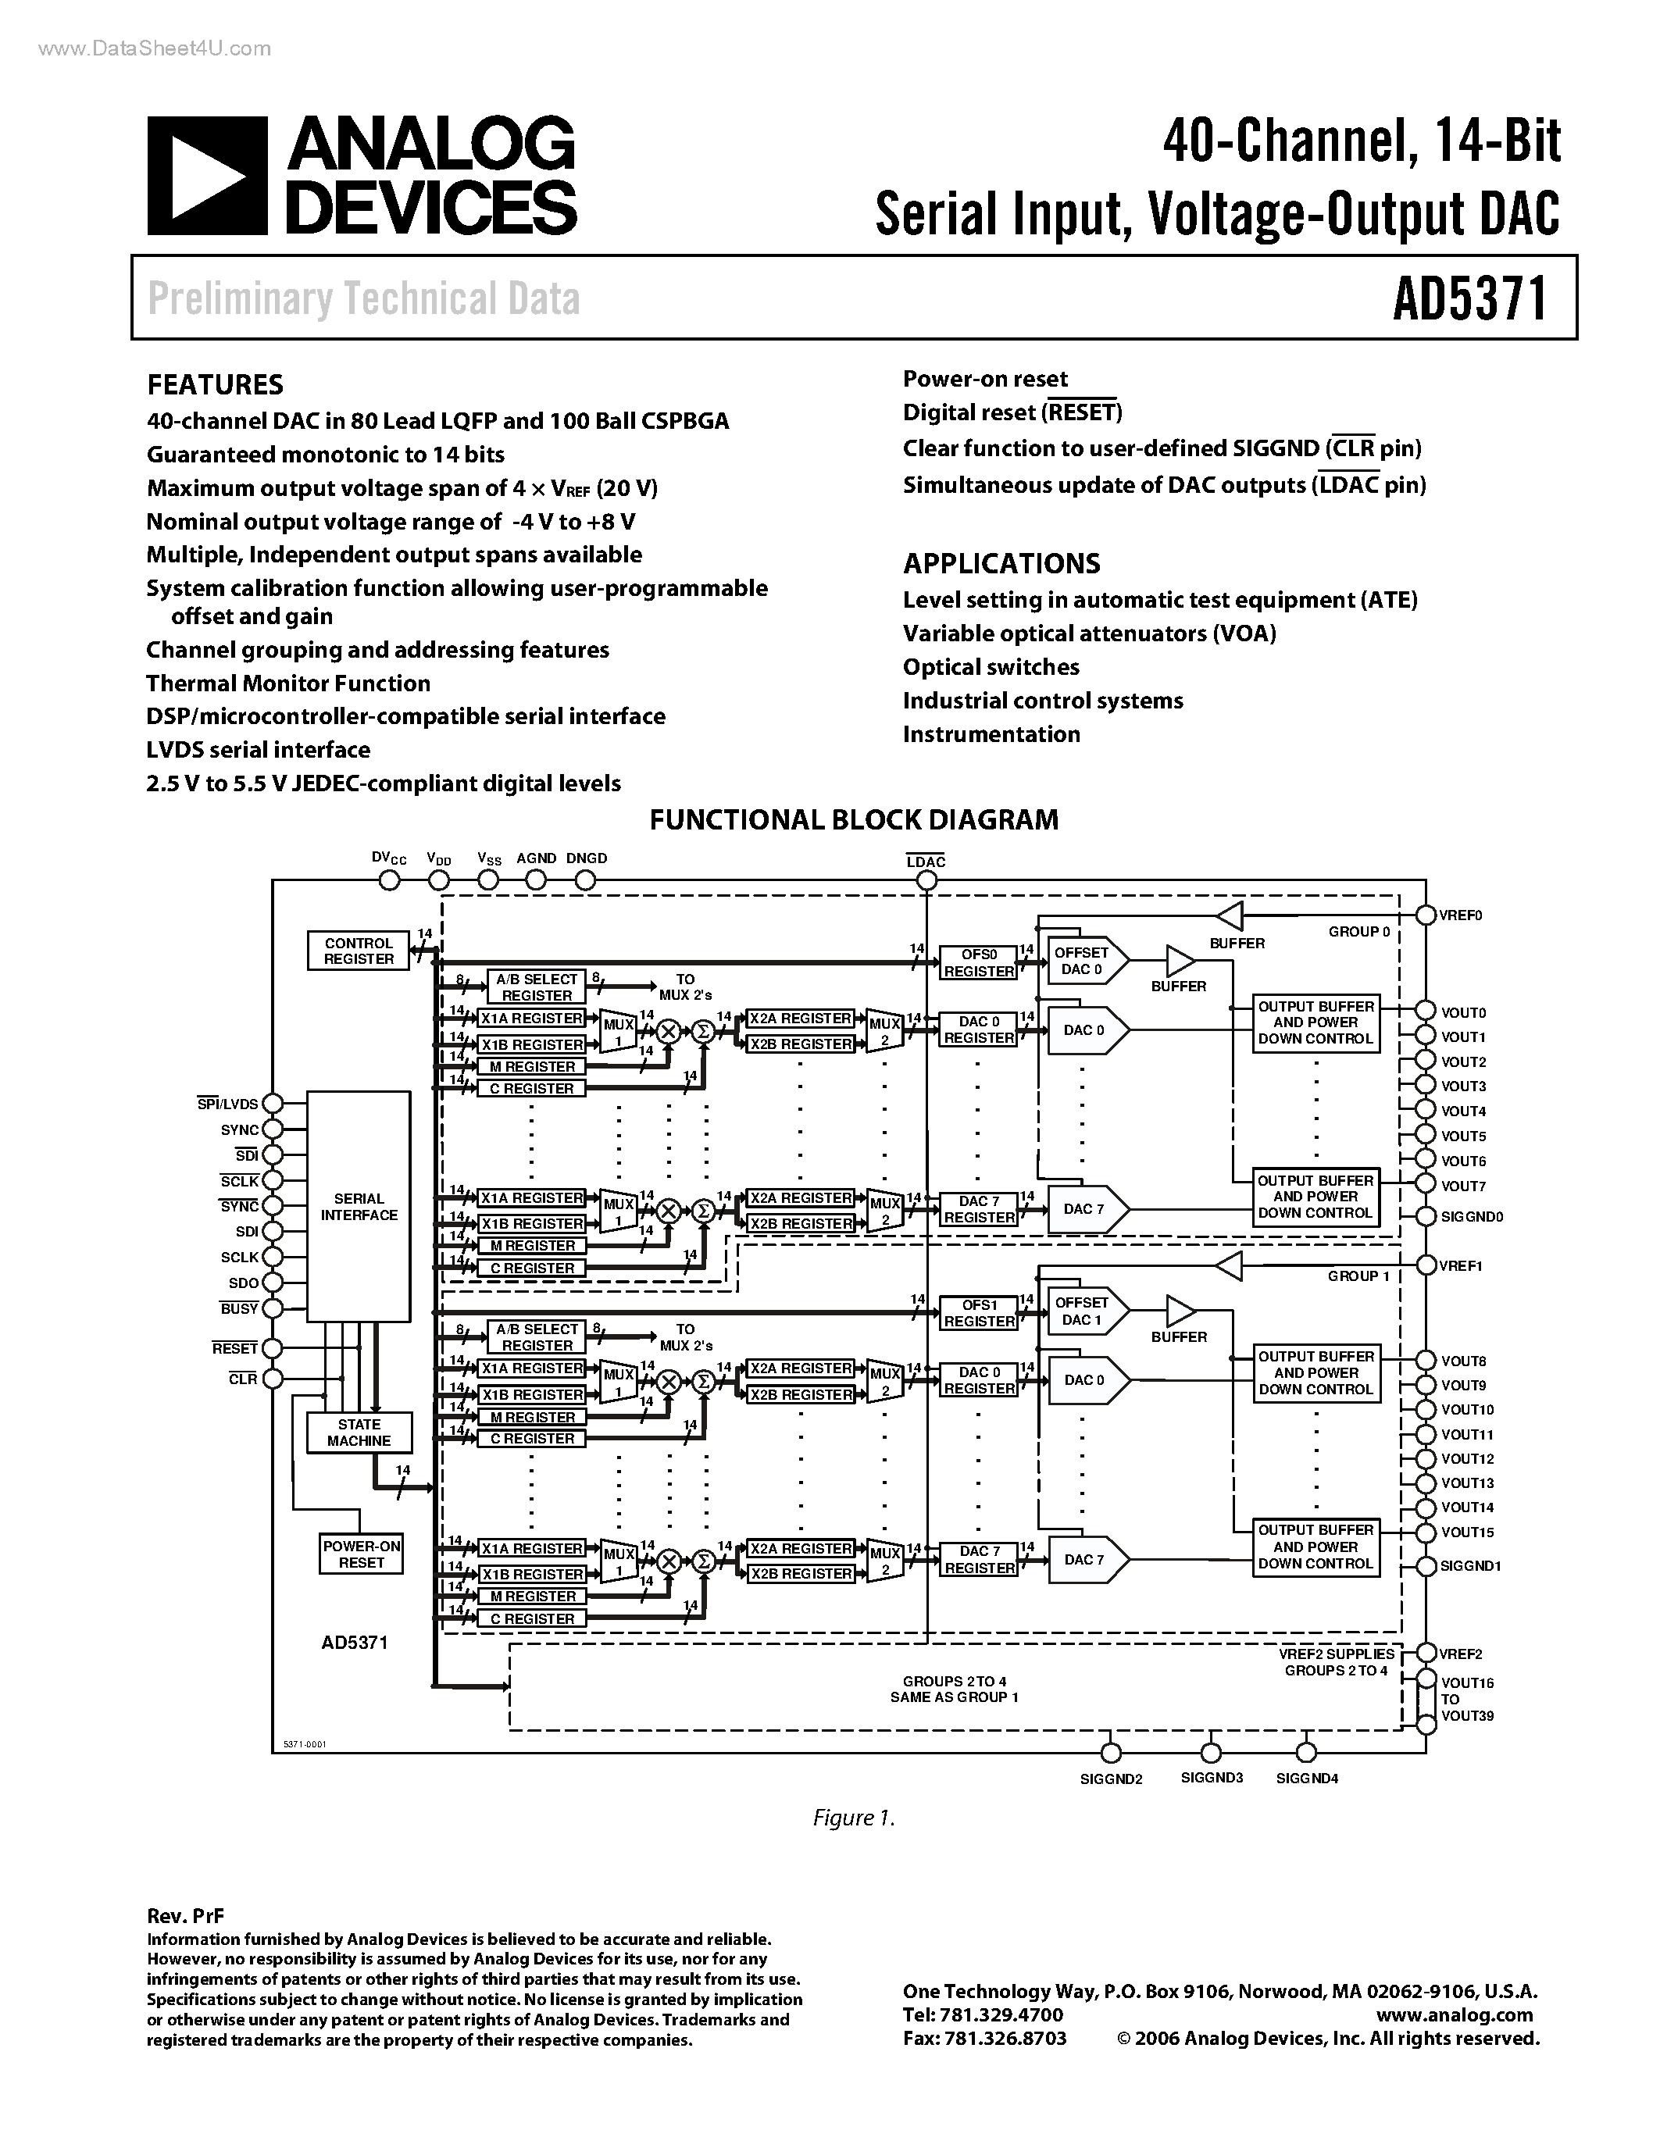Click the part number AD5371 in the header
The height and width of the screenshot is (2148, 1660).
[1470, 299]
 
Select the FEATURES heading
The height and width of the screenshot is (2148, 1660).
[216, 384]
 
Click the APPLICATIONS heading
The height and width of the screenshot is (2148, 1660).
[1001, 563]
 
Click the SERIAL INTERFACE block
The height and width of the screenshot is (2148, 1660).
[358, 1206]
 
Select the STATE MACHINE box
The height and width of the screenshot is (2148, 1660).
[358, 1432]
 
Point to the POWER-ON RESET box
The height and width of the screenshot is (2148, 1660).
[361, 1554]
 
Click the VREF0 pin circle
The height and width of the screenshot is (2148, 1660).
[1425, 915]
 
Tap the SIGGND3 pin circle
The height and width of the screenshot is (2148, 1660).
[1211, 1753]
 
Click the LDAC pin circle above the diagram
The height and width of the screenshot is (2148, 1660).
[926, 881]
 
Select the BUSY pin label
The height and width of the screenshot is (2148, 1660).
[239, 1309]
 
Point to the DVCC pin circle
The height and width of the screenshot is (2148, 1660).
[390, 880]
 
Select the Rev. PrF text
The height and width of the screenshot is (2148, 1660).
[186, 1915]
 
